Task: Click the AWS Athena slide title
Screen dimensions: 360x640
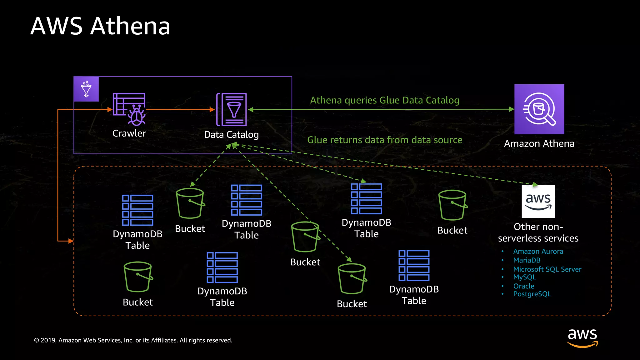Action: point(100,26)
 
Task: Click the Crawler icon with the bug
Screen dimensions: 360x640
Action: point(129,109)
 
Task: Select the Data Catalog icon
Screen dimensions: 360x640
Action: point(232,110)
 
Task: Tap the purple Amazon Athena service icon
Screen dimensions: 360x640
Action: point(539,109)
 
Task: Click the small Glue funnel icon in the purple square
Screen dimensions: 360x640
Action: point(86,89)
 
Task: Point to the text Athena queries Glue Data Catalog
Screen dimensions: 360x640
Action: point(384,100)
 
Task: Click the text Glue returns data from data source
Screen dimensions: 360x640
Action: point(384,140)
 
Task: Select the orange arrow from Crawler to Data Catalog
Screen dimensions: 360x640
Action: point(180,110)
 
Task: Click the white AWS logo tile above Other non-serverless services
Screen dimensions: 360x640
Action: point(538,201)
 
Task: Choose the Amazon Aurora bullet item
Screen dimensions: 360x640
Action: point(538,251)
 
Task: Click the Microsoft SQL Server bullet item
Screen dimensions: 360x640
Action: point(547,269)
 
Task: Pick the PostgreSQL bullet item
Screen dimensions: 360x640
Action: point(532,294)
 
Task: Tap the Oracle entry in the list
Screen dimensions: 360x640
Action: point(523,286)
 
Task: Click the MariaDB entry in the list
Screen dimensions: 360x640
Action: point(527,260)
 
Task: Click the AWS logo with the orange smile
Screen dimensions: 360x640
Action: point(582,337)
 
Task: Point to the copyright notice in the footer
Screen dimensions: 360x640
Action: point(133,340)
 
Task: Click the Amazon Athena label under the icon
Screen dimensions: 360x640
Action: point(539,143)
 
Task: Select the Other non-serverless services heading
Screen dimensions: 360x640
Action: point(538,232)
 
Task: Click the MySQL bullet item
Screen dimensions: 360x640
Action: point(524,277)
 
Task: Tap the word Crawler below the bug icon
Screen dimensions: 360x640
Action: point(129,133)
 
